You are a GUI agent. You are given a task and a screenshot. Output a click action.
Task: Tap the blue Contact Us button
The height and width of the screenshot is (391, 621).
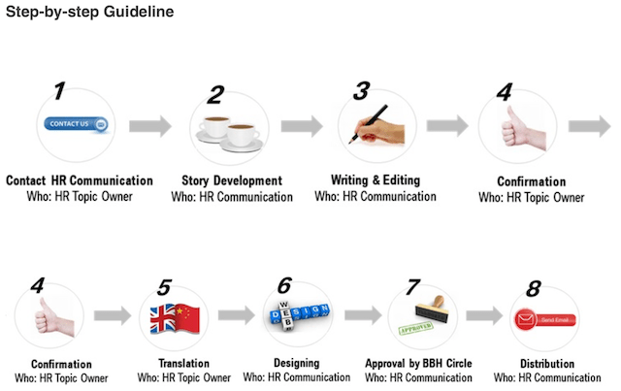pyautogui.click(x=76, y=124)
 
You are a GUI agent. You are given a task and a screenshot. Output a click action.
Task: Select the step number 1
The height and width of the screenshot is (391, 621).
pyautogui.click(x=60, y=92)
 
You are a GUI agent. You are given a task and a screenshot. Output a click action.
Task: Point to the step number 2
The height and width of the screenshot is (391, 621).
pyautogui.click(x=215, y=95)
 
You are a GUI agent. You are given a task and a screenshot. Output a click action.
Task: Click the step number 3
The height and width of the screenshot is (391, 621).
pyautogui.click(x=361, y=91)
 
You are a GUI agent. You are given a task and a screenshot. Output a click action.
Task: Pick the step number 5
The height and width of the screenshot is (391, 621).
pyautogui.click(x=164, y=288)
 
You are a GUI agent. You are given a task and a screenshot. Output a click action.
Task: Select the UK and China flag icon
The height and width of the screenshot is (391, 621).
pyautogui.click(x=174, y=319)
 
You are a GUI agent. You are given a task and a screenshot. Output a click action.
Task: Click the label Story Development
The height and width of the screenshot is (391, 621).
pyautogui.click(x=232, y=180)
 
